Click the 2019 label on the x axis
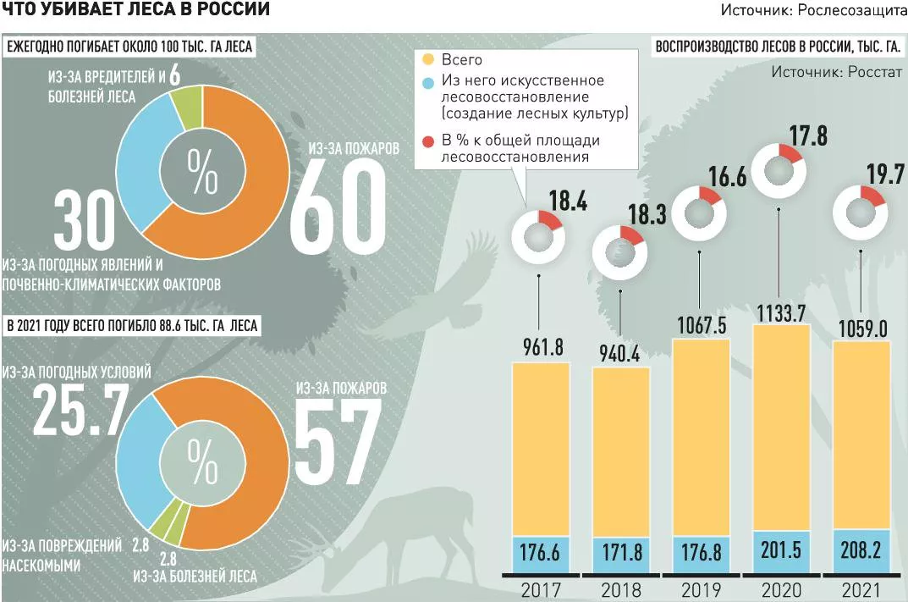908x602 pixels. [x=700, y=589]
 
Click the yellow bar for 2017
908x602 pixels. [x=541, y=449]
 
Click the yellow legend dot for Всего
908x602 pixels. [x=428, y=60]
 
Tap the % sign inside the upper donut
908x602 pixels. [x=202, y=172]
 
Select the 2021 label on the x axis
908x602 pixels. [x=861, y=589]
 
